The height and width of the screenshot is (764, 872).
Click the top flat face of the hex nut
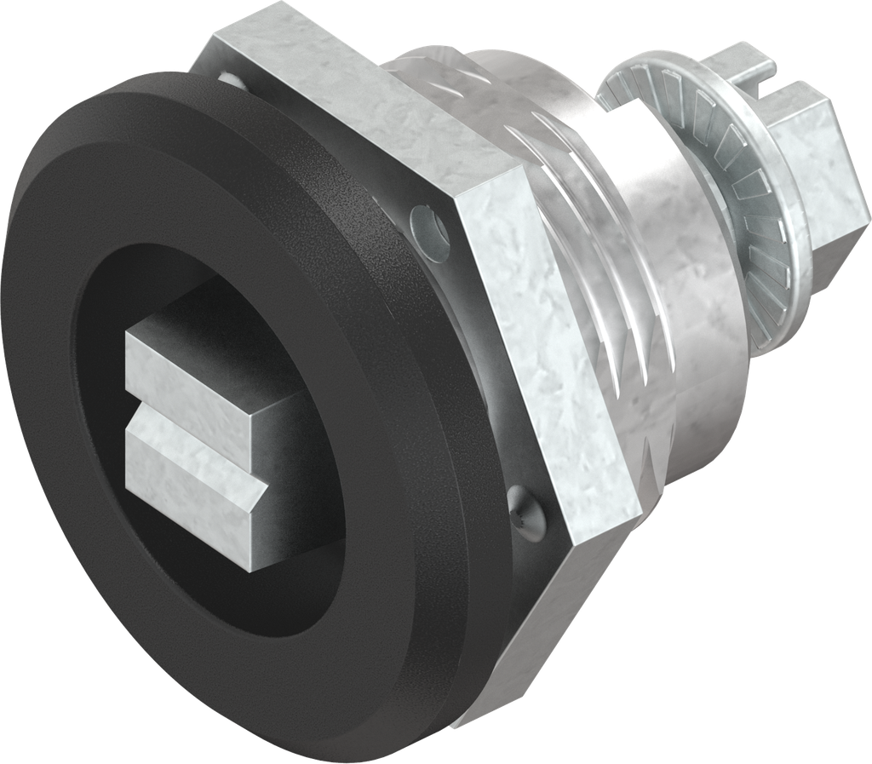pyautogui.click(x=341, y=94)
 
